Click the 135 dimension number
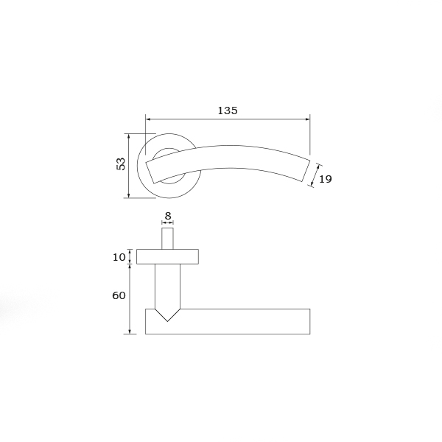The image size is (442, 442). (x=228, y=110)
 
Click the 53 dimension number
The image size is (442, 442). (x=121, y=164)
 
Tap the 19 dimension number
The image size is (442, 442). (x=326, y=179)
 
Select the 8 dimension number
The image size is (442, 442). (x=168, y=216)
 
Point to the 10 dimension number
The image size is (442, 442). (x=119, y=257)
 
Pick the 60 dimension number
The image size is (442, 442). (x=119, y=295)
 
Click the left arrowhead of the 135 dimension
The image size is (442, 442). (x=149, y=119)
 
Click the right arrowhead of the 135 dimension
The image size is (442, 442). (x=307, y=119)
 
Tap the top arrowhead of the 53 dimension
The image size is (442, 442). (x=129, y=137)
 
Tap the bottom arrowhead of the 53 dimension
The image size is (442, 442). (x=129, y=194)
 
